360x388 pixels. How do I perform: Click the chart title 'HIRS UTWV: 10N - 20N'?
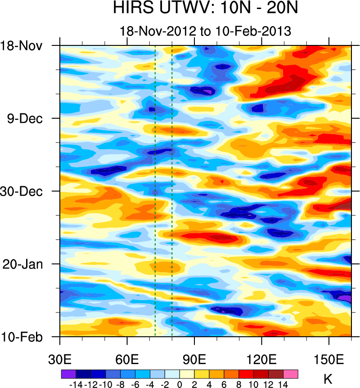click(x=205, y=9)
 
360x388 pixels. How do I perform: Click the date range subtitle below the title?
click(x=205, y=31)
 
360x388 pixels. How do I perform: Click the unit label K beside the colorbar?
click(x=328, y=379)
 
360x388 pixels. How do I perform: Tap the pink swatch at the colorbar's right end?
click(x=291, y=374)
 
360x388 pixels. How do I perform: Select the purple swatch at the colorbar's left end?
click(x=68, y=374)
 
